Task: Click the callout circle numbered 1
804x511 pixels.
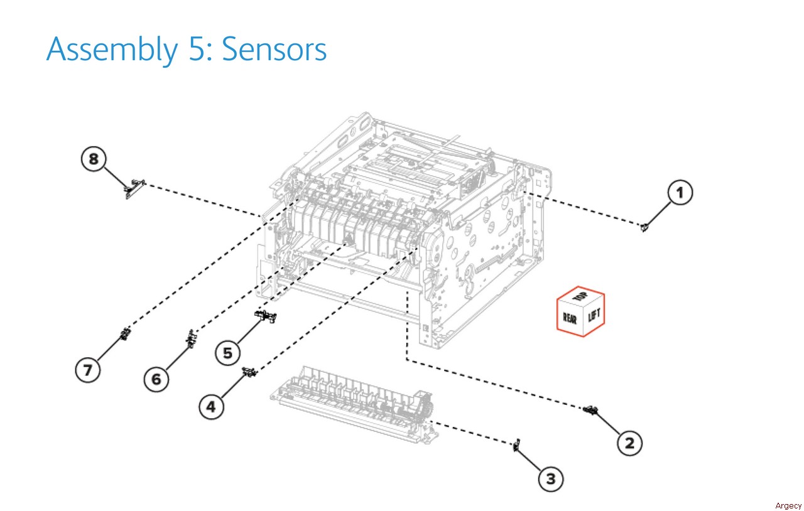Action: point(679,193)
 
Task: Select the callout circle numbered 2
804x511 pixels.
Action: point(629,443)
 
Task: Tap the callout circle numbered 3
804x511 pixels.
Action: point(550,480)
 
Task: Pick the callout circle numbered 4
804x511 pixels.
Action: point(211,407)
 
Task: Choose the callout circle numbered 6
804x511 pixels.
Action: point(156,379)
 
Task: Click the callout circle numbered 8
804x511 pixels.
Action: point(94,159)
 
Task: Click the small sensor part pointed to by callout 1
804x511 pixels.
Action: point(644,227)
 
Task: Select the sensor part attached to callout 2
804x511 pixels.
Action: point(590,411)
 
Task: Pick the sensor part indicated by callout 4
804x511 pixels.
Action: point(250,373)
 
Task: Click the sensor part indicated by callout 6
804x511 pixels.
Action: point(191,338)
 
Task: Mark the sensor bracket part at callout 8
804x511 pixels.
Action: point(134,187)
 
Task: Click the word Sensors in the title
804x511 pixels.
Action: point(274,49)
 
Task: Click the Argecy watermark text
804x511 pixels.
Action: point(788,506)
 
